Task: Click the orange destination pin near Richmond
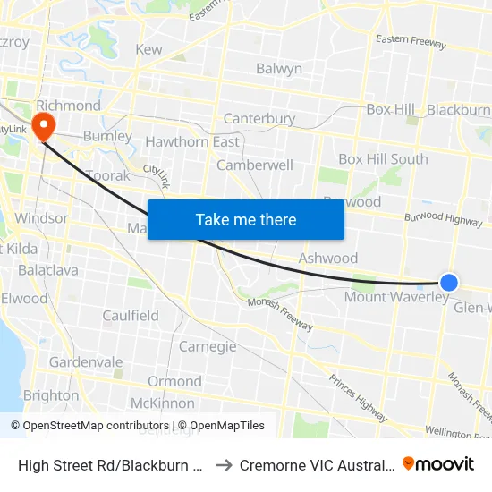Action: point(42,124)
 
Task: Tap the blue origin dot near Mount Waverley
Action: point(449,283)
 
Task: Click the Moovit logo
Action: point(438,464)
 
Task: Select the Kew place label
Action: point(148,49)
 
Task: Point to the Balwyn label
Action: point(278,69)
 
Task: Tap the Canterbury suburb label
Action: point(259,118)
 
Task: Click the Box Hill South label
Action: point(383,159)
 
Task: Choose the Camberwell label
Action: point(255,165)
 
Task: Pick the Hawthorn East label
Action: point(192,141)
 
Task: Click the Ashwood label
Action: point(328,258)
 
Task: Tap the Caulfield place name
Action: point(131,315)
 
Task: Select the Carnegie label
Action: point(208,346)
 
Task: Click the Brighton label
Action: point(51,395)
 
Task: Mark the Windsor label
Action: point(41,218)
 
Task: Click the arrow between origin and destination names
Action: point(224,464)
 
